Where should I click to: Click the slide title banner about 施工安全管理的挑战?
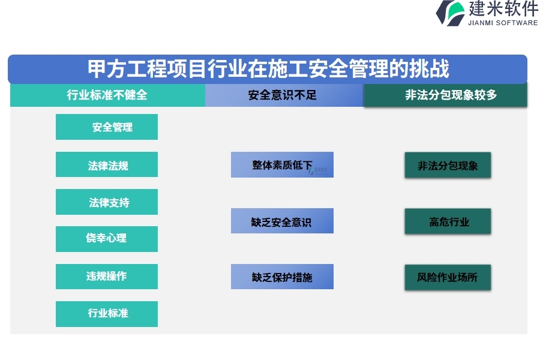268,69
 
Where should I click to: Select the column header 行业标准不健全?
107,95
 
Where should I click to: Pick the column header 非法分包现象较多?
446,95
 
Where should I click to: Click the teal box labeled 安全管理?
107,127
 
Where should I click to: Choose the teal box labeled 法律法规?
107,164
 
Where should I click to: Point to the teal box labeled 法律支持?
107,202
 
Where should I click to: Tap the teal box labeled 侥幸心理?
107,239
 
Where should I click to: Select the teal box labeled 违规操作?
107,277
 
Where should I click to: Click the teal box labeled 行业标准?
107,314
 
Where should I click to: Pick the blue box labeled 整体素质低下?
282,164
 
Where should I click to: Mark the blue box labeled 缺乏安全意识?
282,221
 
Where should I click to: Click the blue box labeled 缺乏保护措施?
282,277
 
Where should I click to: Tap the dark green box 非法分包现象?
448,165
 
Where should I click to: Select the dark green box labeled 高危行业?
448,221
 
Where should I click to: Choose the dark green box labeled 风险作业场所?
448,277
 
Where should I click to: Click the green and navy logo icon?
450,13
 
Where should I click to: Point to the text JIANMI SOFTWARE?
503,23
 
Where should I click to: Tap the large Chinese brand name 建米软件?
503,8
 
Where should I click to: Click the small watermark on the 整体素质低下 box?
319,170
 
